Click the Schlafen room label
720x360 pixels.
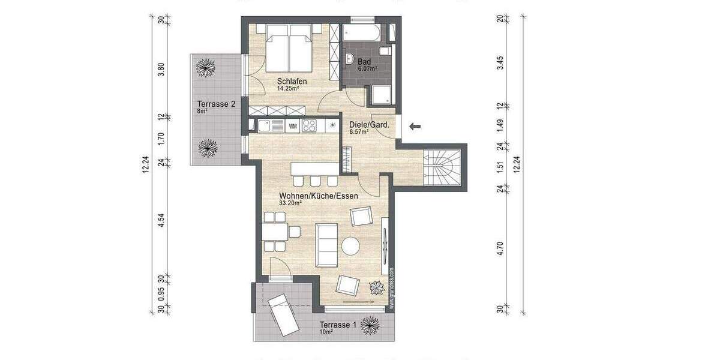point(292,82)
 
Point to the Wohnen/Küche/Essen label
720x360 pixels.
point(311,196)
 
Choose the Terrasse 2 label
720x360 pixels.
point(211,104)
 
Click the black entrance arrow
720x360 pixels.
point(415,127)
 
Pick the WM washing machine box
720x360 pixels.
point(293,126)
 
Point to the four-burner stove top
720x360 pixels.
point(310,126)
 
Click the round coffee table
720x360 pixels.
point(350,245)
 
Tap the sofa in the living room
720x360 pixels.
point(326,245)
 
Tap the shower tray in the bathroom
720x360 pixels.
point(380,94)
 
